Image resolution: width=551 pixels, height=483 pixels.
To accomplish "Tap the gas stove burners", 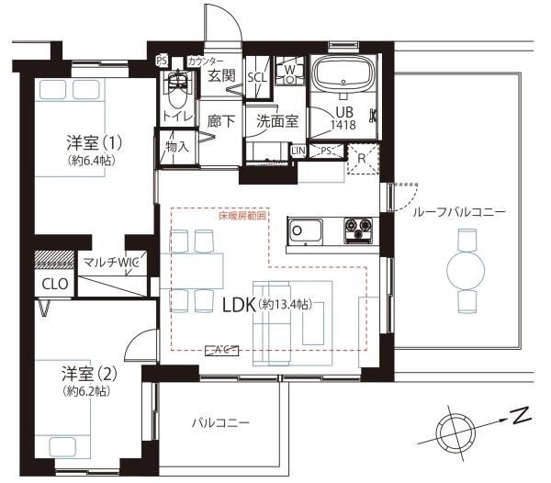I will pyautogui.click(x=356, y=230).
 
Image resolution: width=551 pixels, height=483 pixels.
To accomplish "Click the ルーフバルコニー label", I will pyautogui.click(x=459, y=211).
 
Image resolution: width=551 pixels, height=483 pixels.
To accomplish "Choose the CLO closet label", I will pyautogui.click(x=54, y=284).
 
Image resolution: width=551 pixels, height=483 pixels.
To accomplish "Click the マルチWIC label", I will pyautogui.click(x=109, y=264).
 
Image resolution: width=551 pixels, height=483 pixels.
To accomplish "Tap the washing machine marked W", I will pyautogui.click(x=288, y=70).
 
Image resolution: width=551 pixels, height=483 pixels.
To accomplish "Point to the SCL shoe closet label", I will pyautogui.click(x=258, y=78).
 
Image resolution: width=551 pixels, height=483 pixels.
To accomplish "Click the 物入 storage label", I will pyautogui.click(x=177, y=145).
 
